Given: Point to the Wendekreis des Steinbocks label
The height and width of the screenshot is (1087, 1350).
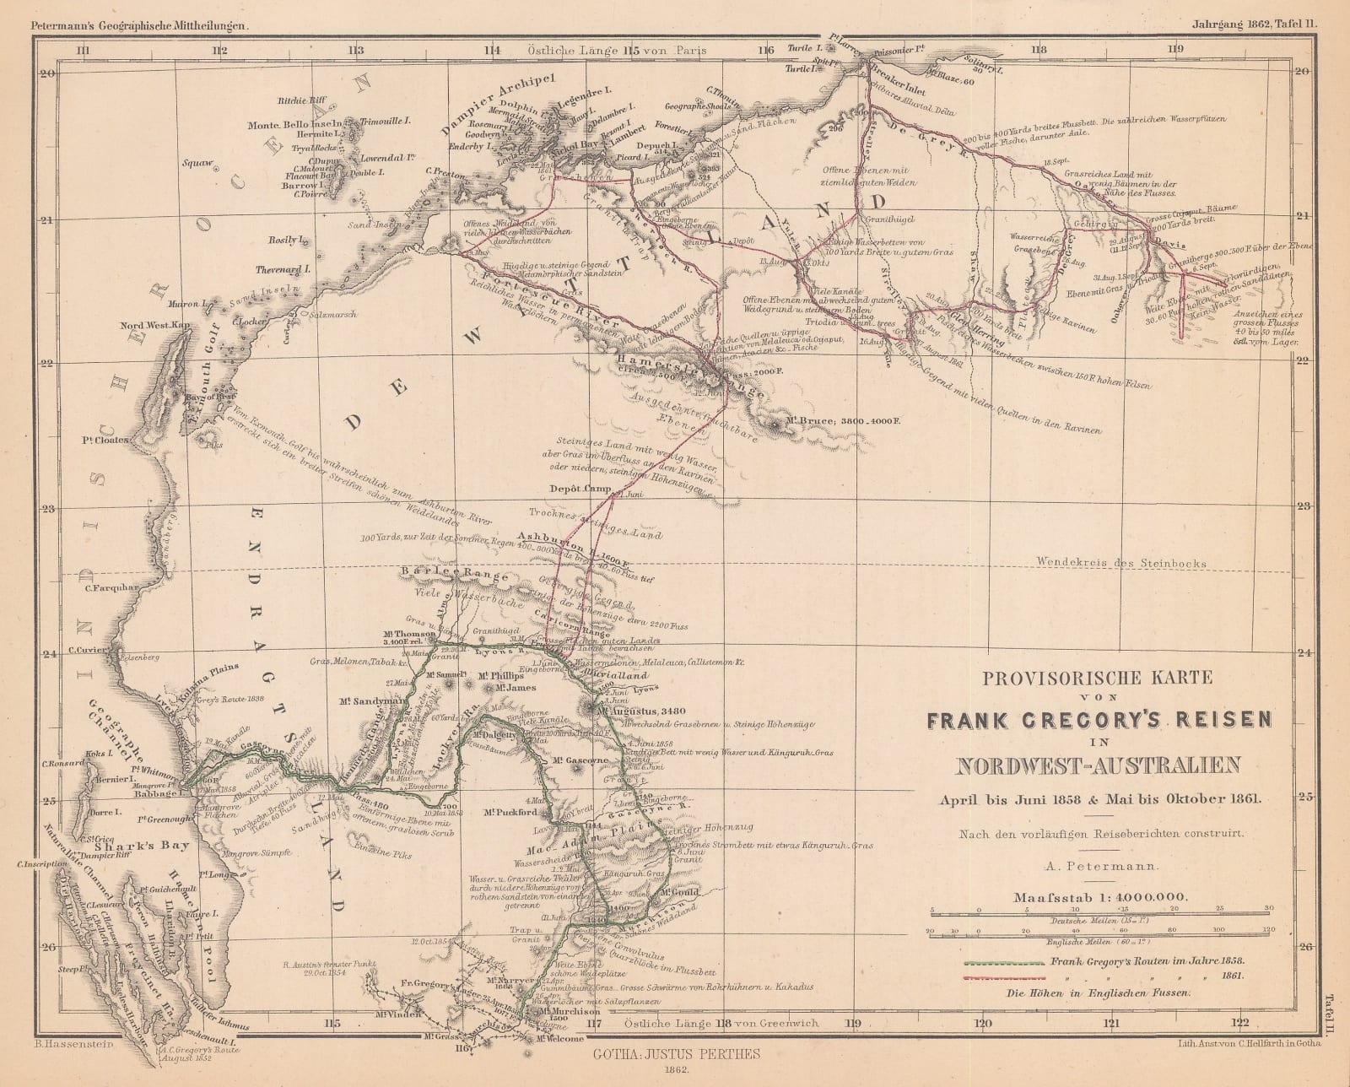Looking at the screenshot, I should (x=1135, y=564).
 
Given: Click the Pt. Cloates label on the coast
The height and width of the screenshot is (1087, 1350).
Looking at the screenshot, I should (x=105, y=440).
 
